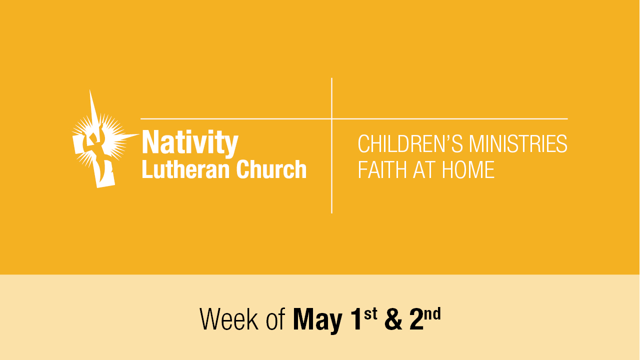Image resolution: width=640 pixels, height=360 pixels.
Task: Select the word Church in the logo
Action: tap(271, 169)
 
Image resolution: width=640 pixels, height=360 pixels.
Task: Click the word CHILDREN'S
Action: tap(410, 143)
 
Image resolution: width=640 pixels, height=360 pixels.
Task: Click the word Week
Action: tap(229, 319)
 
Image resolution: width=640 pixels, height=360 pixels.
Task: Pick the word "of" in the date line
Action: tap(275, 319)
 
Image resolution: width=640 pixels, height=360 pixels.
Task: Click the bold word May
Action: tap(317, 320)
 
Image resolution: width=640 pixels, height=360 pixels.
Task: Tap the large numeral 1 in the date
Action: tap(356, 319)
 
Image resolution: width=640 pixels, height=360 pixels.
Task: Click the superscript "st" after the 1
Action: tap(370, 314)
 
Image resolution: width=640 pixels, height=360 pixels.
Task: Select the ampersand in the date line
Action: tap(393, 319)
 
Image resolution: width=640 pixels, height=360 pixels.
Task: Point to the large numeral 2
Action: tap(416, 319)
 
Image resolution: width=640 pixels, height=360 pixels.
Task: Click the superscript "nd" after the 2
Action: tap(432, 313)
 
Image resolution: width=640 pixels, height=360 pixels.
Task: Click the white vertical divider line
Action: tap(331, 145)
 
